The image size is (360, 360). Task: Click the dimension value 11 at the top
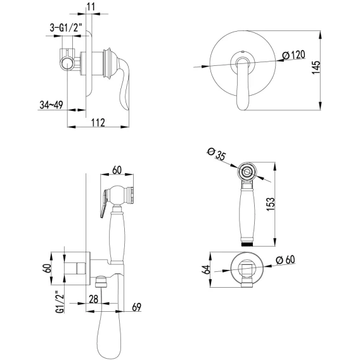[x=91, y=7]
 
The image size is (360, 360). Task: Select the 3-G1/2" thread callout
[x=66, y=28]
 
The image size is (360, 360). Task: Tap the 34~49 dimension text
[x=51, y=105]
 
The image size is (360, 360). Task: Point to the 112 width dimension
[x=98, y=122]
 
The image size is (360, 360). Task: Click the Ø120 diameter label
[x=294, y=55]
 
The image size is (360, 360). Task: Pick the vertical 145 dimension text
[x=316, y=67]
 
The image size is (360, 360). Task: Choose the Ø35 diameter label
[x=217, y=154]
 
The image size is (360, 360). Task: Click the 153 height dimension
[x=271, y=204]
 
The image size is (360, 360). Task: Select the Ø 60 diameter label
[x=286, y=260]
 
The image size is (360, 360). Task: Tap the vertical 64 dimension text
[x=207, y=269]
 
